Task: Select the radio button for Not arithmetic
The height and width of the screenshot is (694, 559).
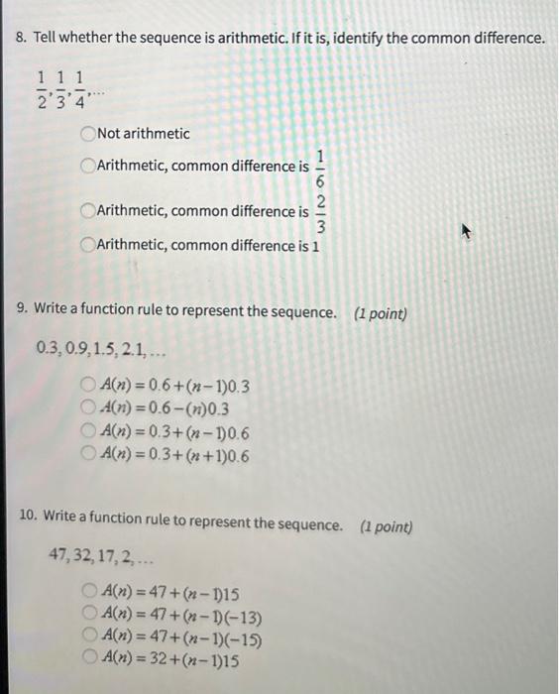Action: [x=89, y=134]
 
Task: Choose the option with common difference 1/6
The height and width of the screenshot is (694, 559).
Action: [x=89, y=167]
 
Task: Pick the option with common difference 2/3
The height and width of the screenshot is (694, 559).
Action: [x=89, y=211]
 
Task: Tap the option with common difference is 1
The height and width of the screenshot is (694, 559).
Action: [x=89, y=244]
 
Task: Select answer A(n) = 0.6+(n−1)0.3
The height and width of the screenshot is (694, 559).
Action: [x=89, y=386]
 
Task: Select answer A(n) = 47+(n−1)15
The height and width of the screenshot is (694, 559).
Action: [x=89, y=593]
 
